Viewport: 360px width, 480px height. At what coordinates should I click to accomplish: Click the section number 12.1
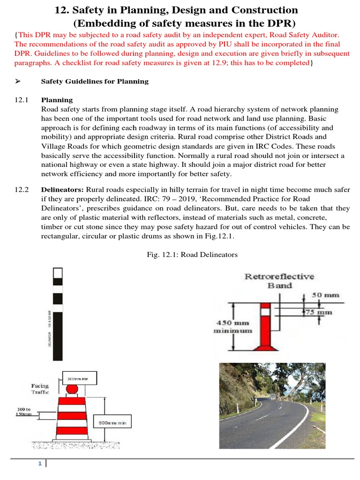22,100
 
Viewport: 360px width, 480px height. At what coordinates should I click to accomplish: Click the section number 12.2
22,189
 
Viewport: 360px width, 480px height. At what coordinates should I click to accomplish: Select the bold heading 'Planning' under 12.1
57,100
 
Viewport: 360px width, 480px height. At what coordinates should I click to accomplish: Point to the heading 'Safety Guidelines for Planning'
95,82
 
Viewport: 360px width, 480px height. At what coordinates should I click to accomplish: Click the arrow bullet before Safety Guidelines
18,82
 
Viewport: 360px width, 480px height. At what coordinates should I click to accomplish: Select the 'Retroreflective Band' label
279,281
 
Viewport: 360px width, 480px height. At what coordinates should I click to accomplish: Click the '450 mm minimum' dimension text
233,326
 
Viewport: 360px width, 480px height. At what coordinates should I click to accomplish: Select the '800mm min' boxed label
112,423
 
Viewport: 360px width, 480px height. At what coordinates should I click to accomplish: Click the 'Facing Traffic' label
40,389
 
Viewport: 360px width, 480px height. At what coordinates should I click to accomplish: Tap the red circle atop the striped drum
72,389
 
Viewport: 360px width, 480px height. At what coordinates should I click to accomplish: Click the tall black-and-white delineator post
57,314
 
